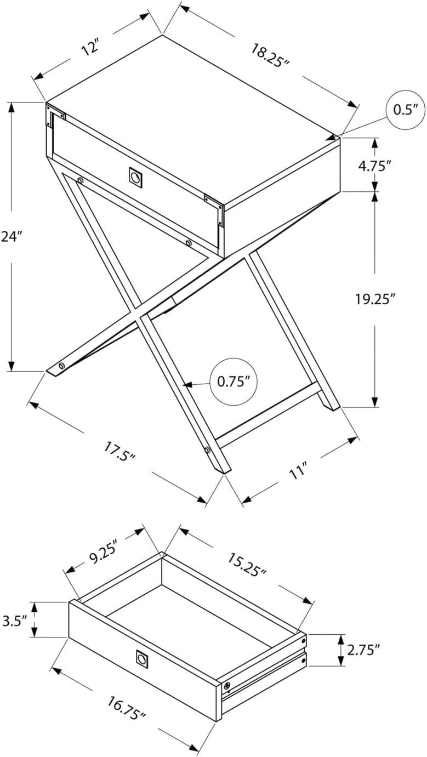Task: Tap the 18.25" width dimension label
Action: pyautogui.click(x=270, y=55)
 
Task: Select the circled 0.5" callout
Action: pyautogui.click(x=406, y=109)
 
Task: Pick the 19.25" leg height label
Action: pyautogui.click(x=375, y=299)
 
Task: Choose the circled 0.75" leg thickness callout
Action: pyautogui.click(x=234, y=382)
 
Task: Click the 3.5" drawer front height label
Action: pyautogui.click(x=14, y=622)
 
